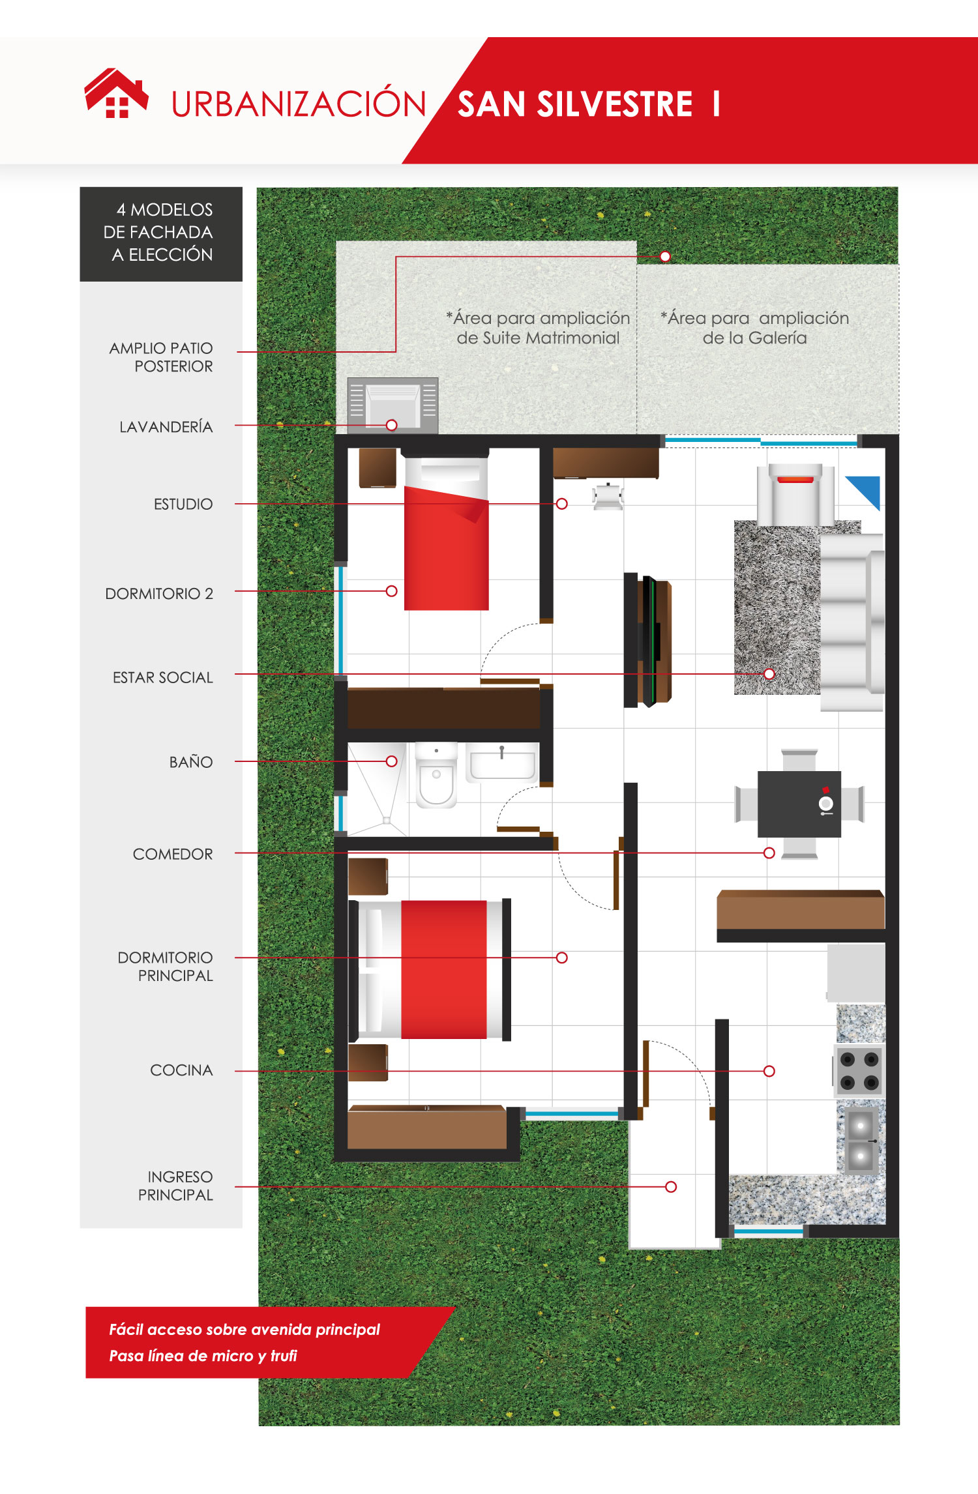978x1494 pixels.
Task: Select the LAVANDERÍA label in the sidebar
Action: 166,426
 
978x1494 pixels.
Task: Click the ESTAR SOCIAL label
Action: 162,677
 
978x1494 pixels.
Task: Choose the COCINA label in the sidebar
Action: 181,1070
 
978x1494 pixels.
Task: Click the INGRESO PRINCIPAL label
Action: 175,1186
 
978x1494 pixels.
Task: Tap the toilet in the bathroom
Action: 436,775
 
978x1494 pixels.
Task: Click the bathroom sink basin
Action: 502,763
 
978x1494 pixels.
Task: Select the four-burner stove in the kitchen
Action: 859,1071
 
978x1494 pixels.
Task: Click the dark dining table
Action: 799,804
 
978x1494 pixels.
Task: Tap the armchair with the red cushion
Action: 795,494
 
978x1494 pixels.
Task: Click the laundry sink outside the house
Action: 393,405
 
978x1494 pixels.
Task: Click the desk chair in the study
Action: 608,496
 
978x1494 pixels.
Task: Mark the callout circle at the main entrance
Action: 671,1186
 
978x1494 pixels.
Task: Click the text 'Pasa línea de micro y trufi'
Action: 203,1356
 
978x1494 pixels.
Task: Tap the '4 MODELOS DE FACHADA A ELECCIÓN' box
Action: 161,234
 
